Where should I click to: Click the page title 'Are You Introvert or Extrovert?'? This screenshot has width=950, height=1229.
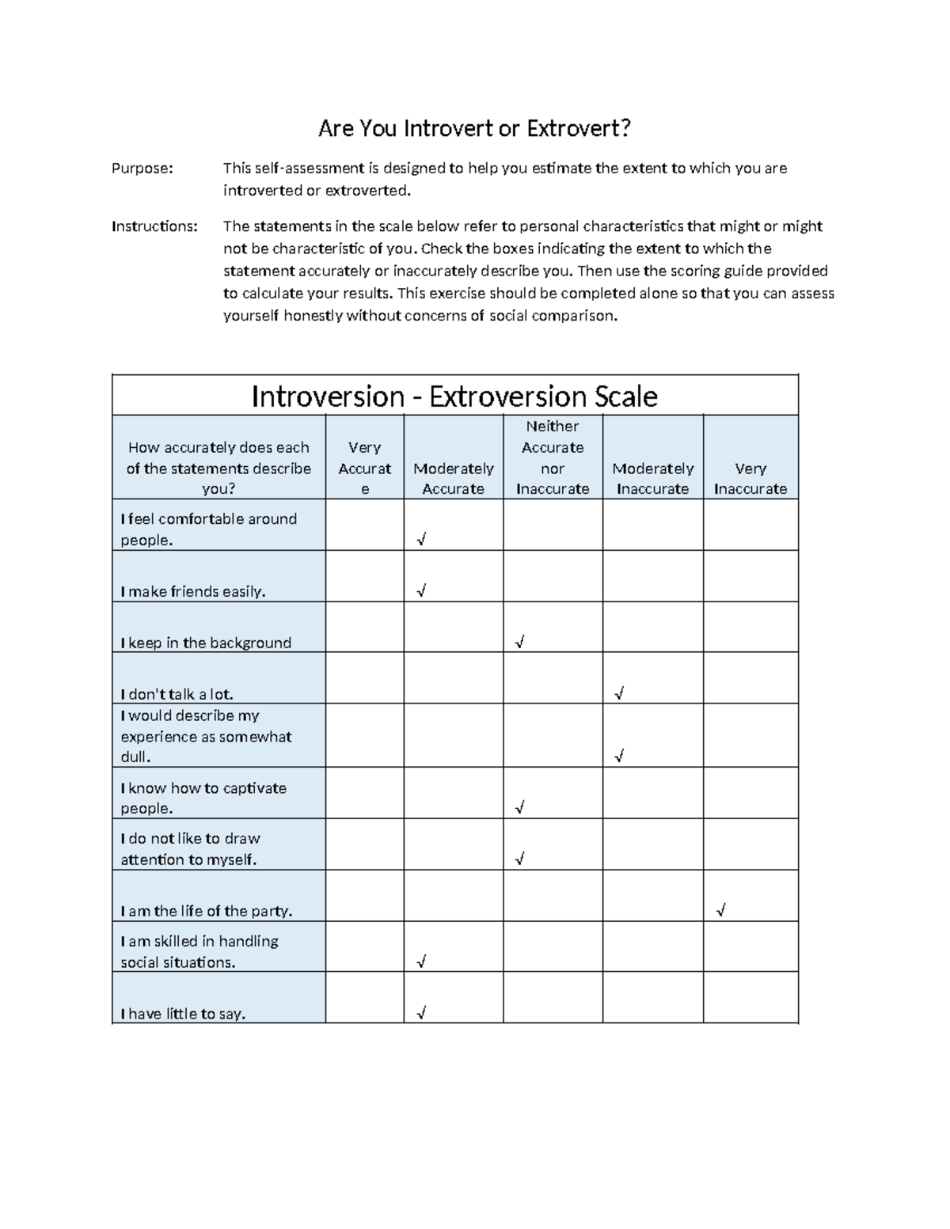coord(474,128)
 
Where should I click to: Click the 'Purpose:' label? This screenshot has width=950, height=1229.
coord(142,168)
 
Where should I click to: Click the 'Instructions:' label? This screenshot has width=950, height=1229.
coord(154,226)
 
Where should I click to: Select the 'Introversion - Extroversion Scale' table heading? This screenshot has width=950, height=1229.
coord(454,396)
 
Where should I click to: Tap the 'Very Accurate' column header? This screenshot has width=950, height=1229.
coord(364,468)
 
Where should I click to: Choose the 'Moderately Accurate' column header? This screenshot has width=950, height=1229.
coord(453,478)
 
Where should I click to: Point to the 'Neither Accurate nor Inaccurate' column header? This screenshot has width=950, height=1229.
coord(553,457)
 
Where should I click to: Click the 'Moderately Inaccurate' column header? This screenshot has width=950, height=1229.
coord(652,478)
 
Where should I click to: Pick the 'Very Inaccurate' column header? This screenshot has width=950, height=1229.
coord(750,478)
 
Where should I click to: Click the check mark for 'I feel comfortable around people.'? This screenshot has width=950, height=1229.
coord(421,540)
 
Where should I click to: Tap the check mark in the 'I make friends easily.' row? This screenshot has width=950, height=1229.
coord(421,590)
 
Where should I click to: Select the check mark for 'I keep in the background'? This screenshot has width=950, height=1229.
coord(519,642)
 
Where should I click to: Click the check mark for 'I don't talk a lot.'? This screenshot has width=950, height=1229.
coord(619,693)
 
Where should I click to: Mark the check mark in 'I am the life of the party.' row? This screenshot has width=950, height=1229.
coord(720,910)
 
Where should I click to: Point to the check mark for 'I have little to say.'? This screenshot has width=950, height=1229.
coord(421,1012)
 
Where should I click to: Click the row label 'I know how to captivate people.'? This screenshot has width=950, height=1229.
coord(203,798)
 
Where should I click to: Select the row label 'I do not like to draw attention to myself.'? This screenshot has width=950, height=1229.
coord(190,848)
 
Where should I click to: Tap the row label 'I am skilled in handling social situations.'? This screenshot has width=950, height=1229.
coord(199,951)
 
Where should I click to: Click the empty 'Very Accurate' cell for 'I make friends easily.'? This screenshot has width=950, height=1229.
coord(364,576)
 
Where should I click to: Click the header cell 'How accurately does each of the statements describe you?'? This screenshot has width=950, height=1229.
coord(218,468)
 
